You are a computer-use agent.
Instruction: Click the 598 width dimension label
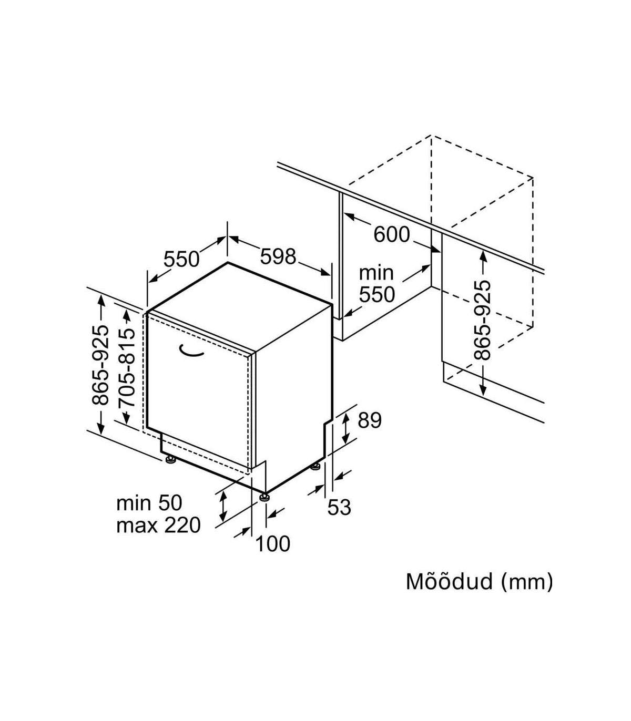pyautogui.click(x=278, y=257)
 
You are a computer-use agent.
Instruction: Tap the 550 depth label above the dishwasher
pyautogui.click(x=181, y=259)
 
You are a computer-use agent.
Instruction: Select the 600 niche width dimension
pyautogui.click(x=392, y=234)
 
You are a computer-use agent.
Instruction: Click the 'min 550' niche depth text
pyautogui.click(x=376, y=284)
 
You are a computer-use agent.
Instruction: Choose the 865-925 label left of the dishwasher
pyautogui.click(x=100, y=365)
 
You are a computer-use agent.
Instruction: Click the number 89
pyautogui.click(x=369, y=420)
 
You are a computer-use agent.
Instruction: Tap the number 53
pyautogui.click(x=339, y=507)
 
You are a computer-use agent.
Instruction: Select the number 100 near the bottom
pyautogui.click(x=273, y=544)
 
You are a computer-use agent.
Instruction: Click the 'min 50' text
pyautogui.click(x=149, y=503)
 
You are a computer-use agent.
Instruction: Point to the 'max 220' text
pyautogui.click(x=158, y=524)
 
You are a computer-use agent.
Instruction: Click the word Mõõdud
pyautogui.click(x=449, y=582)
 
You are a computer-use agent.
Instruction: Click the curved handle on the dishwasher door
pyautogui.click(x=191, y=351)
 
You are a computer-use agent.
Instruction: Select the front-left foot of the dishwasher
pyautogui.click(x=170, y=461)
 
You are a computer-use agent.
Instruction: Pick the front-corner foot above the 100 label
pyautogui.click(x=264, y=495)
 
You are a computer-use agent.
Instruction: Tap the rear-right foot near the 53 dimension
pyautogui.click(x=315, y=466)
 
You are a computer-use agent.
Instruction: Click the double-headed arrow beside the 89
pyautogui.click(x=345, y=428)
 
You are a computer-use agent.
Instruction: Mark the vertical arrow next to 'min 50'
pyautogui.click(x=223, y=505)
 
